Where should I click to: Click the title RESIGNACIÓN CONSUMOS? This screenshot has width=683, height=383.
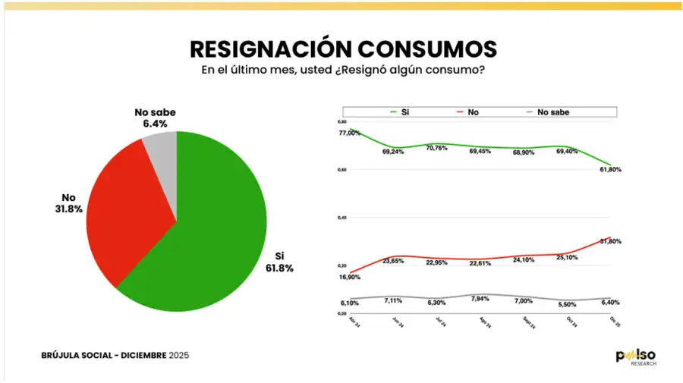tap(343, 48)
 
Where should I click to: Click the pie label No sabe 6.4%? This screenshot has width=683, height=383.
tap(151, 118)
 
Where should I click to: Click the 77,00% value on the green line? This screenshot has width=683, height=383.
tap(350, 133)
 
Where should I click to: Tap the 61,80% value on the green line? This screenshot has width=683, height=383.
tap(610, 170)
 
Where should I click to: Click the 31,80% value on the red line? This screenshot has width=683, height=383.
tap(610, 241)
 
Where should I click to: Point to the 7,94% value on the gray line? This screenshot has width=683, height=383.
tap(480, 299)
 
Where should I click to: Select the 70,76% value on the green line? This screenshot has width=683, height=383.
tap(436, 149)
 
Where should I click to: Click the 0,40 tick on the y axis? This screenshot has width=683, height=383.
tap(341, 218)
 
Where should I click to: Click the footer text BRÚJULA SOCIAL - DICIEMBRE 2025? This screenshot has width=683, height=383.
tap(115, 355)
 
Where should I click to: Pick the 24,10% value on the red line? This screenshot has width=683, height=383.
tap(524, 260)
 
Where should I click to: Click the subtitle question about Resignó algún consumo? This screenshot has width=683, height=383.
tap(343, 70)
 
